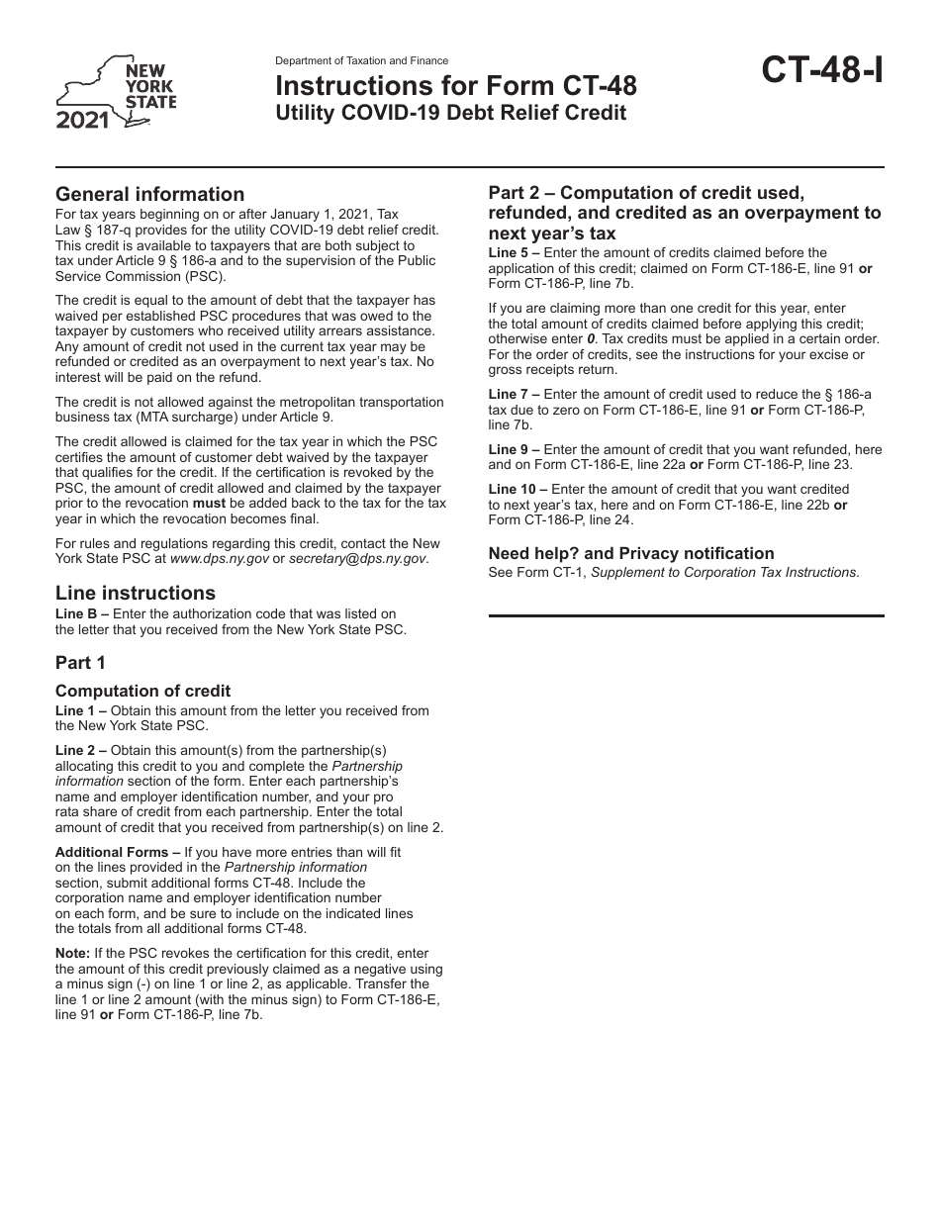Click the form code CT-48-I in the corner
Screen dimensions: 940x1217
click(821, 71)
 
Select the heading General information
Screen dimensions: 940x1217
click(149, 194)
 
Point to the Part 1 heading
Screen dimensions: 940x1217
click(80, 663)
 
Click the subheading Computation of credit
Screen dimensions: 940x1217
click(142, 691)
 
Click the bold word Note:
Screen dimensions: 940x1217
click(72, 953)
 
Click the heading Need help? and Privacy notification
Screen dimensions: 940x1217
click(631, 553)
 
